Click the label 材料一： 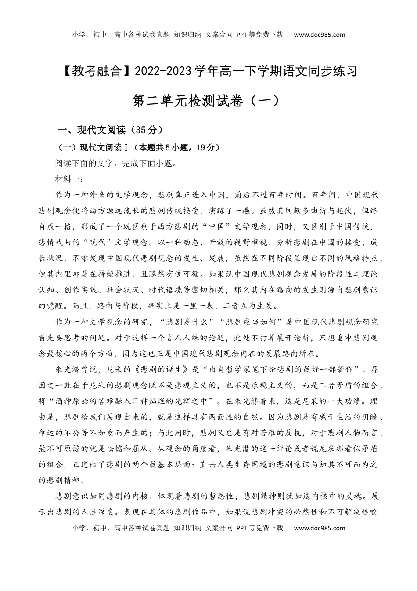66,179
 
